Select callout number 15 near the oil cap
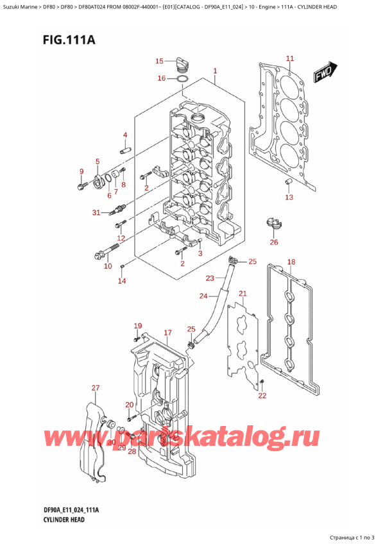(x=160, y=61)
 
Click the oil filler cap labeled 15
(x=182, y=62)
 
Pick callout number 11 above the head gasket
(x=289, y=59)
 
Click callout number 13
(x=289, y=198)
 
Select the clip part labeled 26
(x=272, y=225)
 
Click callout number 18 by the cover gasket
(x=291, y=262)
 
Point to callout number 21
(x=242, y=294)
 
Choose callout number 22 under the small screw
(x=261, y=396)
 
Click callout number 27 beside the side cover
(x=96, y=388)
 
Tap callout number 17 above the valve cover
(x=167, y=332)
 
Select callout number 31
(x=96, y=213)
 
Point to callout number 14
(x=122, y=281)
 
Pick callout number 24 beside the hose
(x=203, y=296)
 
